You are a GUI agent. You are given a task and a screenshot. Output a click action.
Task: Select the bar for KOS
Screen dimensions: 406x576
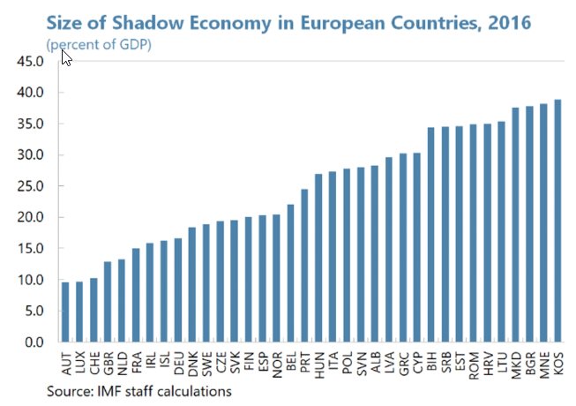pyautogui.click(x=557, y=221)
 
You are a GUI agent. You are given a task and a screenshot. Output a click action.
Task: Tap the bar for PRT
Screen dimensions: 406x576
pyautogui.click(x=304, y=265)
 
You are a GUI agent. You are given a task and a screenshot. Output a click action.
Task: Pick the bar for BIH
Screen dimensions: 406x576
pyautogui.click(x=431, y=235)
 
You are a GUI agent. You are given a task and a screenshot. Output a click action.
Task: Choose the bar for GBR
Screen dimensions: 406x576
pyautogui.click(x=108, y=301)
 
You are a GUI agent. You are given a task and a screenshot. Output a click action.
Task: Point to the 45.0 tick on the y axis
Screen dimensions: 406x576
pyautogui.click(x=29, y=61)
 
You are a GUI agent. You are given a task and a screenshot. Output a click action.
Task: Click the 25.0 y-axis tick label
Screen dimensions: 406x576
pyautogui.click(x=29, y=186)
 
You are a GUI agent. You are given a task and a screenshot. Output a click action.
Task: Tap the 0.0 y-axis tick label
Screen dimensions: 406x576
pyautogui.click(x=32, y=342)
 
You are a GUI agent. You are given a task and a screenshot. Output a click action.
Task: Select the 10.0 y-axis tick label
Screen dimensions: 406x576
pyautogui.click(x=29, y=280)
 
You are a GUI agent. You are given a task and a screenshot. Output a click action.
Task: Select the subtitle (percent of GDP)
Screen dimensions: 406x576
pyautogui.click(x=107, y=43)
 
